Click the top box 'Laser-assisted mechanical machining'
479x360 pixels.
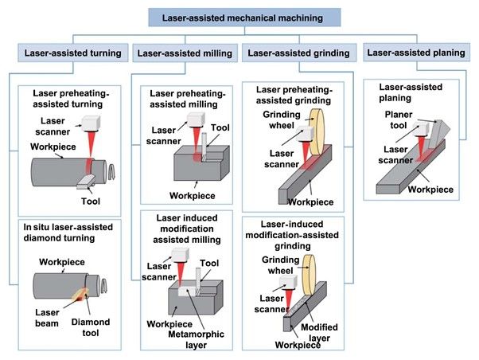[239, 16]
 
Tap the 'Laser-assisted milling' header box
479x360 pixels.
[185, 54]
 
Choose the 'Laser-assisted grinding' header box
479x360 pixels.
[298, 54]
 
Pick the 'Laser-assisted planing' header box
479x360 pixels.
[414, 54]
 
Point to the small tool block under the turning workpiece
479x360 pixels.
[87, 182]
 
